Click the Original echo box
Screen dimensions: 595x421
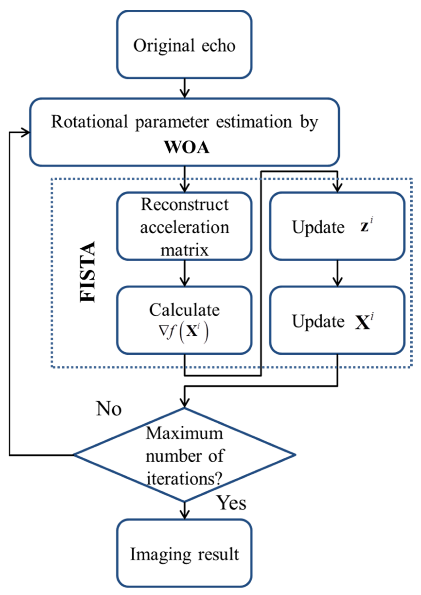tap(184, 45)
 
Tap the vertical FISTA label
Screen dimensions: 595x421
tap(88, 272)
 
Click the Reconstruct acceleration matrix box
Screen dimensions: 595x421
tap(184, 226)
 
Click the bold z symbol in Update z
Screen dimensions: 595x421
tap(364, 227)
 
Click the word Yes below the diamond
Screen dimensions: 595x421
tap(231, 503)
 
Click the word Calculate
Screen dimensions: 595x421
tap(184, 310)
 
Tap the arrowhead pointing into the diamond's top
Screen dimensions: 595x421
tap(184, 403)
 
